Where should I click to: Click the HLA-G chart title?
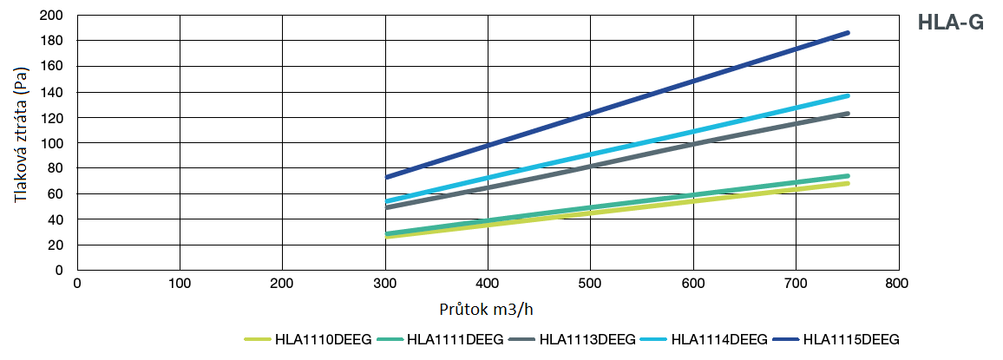click(x=950, y=23)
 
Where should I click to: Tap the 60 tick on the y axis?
click(x=56, y=193)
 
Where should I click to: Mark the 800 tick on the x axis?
click(x=897, y=284)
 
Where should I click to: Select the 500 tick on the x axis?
click(x=590, y=284)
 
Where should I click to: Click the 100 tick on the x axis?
click(x=180, y=284)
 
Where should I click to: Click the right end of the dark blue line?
click(x=847, y=33)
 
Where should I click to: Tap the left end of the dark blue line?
click(x=386, y=177)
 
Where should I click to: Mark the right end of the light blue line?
click(x=847, y=95)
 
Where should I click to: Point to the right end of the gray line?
click(x=847, y=114)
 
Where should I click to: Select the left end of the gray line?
click(x=386, y=207)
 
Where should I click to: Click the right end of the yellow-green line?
click(x=847, y=183)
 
